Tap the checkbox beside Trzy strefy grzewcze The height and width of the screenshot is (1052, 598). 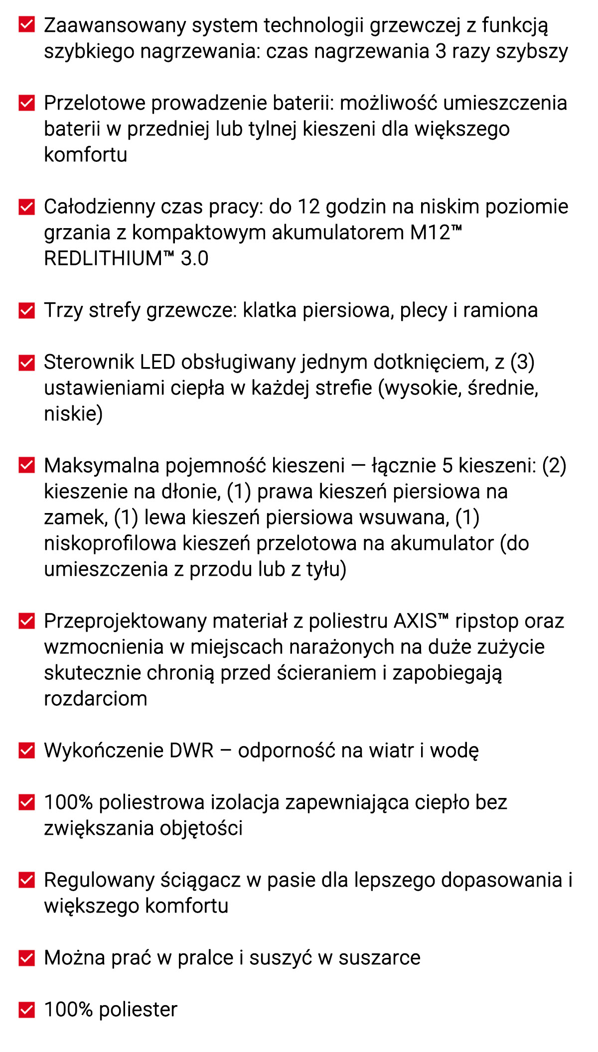click(26, 310)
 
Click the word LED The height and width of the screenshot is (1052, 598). click(157, 362)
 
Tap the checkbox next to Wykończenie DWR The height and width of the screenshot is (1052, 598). click(26, 750)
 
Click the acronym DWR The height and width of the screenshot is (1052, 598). click(191, 751)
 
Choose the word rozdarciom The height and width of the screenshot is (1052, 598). click(96, 699)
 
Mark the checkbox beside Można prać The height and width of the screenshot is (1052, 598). click(26, 957)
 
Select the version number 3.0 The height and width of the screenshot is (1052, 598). click(194, 259)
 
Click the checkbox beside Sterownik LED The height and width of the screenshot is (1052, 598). click(26, 362)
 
